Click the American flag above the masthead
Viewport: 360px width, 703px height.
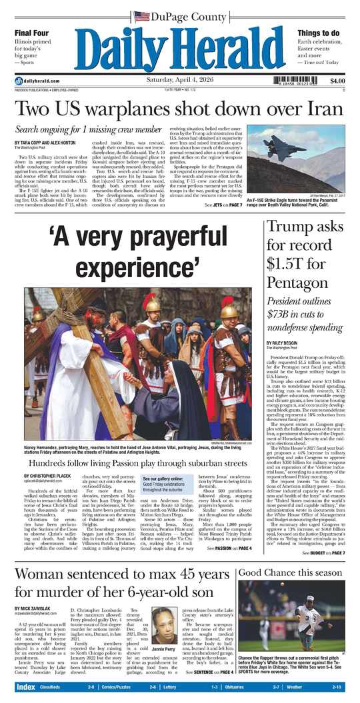[x=141, y=16]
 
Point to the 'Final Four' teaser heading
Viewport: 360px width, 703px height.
[x=31, y=33]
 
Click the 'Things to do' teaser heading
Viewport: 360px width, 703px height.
[x=320, y=33]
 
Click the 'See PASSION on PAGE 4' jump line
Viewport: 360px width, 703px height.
[x=231, y=548]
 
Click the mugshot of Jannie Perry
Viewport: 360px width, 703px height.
[x=165, y=624]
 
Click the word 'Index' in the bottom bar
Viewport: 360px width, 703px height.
[x=26, y=687]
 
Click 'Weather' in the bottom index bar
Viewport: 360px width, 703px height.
[x=296, y=687]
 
